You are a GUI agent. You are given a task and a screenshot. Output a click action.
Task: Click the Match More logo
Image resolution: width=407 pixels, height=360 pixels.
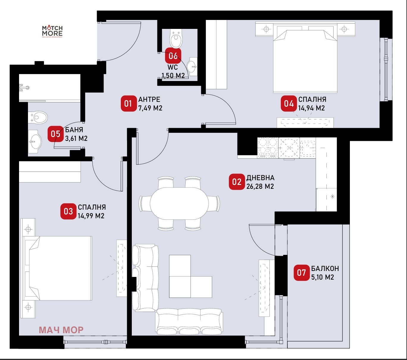(52, 32)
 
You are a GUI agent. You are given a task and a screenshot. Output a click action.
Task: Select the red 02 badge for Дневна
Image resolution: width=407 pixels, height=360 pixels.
(237, 182)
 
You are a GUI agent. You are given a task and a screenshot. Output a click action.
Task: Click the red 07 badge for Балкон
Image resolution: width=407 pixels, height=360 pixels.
(302, 273)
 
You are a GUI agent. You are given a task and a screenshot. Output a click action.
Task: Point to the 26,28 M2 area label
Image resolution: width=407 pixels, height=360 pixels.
(260, 186)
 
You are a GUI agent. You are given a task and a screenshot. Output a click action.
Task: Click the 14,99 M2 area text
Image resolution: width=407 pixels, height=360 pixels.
(91, 216)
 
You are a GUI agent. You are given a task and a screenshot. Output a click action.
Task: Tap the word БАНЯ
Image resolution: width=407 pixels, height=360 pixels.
(74, 130)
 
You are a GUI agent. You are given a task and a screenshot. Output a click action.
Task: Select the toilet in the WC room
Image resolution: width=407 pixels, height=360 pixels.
(176, 39)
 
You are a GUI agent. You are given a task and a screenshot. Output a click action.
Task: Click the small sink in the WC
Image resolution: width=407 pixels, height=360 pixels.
(192, 66)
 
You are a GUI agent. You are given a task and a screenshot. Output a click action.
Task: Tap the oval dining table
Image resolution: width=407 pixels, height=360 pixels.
(179, 204)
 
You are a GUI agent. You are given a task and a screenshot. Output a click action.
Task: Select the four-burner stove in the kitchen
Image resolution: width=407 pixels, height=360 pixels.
(268, 147)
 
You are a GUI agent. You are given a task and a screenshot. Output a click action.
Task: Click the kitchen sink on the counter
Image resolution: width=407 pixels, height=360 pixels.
(308, 148)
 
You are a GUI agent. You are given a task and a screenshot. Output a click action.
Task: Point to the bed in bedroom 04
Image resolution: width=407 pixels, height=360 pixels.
(305, 58)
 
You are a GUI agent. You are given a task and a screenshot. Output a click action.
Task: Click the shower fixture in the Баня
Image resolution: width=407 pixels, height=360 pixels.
(24, 88)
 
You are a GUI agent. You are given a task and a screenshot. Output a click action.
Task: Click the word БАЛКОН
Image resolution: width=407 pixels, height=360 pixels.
(325, 269)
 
